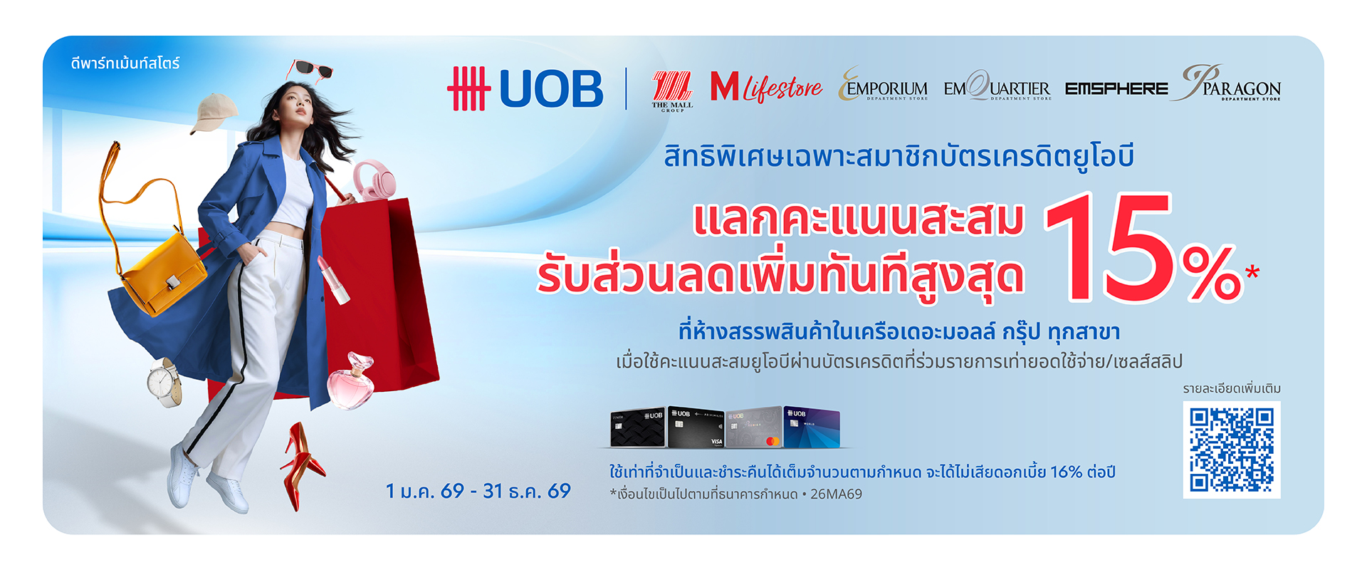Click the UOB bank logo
[x=525, y=88]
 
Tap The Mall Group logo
[x=672, y=92]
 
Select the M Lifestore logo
[x=766, y=88]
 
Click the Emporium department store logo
[x=884, y=85]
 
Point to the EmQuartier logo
[x=997, y=86]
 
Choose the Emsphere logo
[x=1116, y=89]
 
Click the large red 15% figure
[x=1150, y=247]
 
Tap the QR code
[x=1232, y=450]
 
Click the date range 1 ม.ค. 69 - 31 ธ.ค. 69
[x=478, y=491]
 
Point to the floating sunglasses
[x=310, y=70]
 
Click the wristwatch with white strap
[x=164, y=382]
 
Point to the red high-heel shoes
[x=302, y=465]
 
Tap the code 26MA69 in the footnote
[x=836, y=494]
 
